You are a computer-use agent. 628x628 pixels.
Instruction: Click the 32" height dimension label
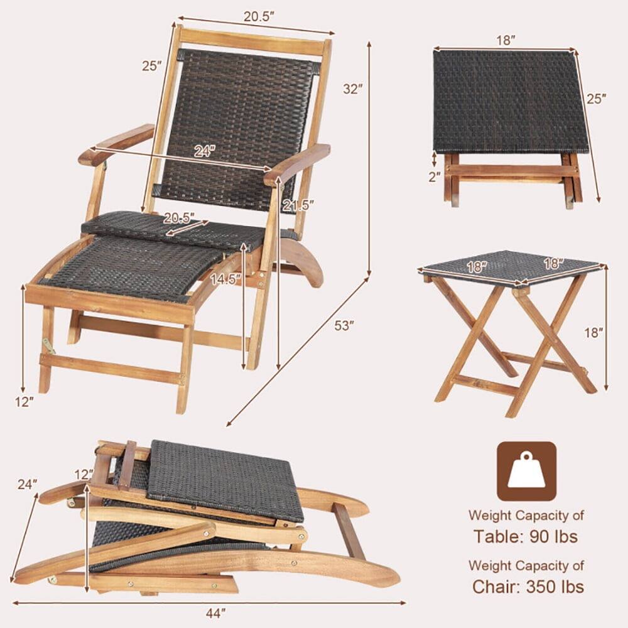click(x=353, y=89)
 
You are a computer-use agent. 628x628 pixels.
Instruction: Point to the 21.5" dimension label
click(x=298, y=205)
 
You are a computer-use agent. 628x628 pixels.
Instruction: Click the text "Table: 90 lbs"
click(x=526, y=537)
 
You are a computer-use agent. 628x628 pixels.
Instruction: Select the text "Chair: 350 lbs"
click(x=528, y=587)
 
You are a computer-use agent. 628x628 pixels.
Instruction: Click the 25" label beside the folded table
click(x=596, y=99)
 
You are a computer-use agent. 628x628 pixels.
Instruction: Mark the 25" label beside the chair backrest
click(x=151, y=65)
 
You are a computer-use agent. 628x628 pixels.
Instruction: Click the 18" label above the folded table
click(x=504, y=40)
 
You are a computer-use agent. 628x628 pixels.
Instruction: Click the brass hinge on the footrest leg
click(x=47, y=344)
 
